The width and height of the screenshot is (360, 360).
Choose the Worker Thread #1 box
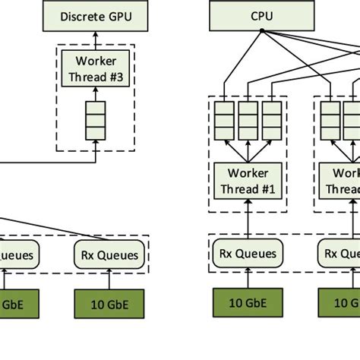point(249,181)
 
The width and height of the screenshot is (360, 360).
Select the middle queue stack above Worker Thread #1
point(249,120)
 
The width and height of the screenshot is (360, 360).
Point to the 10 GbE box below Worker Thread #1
point(249,303)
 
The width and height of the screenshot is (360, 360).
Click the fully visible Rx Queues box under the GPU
point(110,254)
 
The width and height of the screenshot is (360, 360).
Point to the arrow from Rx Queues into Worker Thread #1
point(249,220)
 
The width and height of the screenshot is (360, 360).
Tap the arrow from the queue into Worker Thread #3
point(95,93)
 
